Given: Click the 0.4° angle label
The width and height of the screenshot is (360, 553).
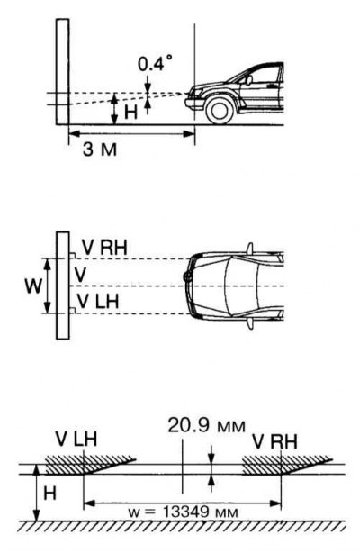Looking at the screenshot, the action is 156,65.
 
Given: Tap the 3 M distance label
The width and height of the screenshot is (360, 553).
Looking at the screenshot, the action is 100,150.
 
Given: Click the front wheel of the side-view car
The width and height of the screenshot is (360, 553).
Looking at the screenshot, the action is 220,110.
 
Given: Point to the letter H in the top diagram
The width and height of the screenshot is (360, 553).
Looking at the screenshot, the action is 130,113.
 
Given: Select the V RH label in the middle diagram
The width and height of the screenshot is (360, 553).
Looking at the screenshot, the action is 104,247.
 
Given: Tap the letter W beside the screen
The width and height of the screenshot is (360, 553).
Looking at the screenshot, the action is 33,286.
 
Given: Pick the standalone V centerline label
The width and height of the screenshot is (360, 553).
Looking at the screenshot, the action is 80,275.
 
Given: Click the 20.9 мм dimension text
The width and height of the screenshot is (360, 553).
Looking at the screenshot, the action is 207,425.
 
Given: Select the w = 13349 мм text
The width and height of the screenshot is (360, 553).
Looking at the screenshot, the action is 183,512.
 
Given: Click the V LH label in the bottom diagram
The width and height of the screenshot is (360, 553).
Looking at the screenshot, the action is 76,440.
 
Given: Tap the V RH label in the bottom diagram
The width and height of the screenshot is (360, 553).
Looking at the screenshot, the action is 275,441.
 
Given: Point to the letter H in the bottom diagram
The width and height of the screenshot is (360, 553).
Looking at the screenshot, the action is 49,493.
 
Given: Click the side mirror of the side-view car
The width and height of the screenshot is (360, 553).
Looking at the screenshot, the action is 249,80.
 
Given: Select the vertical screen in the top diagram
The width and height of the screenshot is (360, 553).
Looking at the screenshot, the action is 62,71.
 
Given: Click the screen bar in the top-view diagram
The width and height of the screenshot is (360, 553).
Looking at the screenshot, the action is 63,286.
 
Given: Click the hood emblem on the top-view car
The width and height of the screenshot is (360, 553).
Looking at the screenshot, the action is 187,276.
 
